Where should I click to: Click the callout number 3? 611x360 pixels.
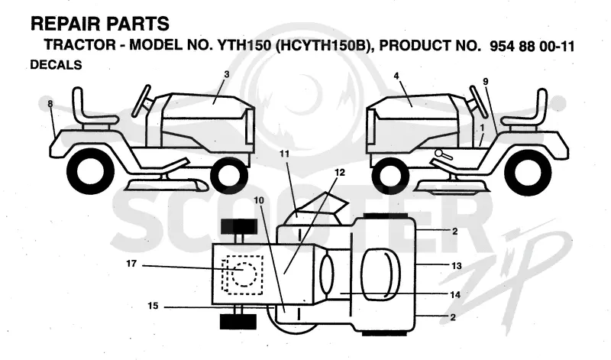tap(227, 74)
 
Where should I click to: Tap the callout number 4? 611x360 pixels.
tap(396, 76)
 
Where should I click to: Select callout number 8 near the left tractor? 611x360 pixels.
tap(50, 104)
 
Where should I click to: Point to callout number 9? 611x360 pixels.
tap(486, 82)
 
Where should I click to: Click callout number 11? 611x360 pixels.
tap(284, 154)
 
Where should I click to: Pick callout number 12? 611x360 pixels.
tap(340, 173)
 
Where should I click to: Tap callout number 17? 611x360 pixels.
tap(131, 264)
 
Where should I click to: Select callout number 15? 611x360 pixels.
tap(154, 306)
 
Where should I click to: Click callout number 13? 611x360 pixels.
tap(457, 266)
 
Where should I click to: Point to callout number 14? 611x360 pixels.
tap(455, 294)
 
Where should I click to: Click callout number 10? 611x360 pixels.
tap(259, 200)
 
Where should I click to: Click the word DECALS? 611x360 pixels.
tap(56, 65)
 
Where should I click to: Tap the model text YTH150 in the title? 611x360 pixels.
tap(244, 46)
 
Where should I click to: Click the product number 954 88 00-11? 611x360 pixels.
tap(532, 47)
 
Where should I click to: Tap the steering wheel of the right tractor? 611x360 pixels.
tap(479, 101)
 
